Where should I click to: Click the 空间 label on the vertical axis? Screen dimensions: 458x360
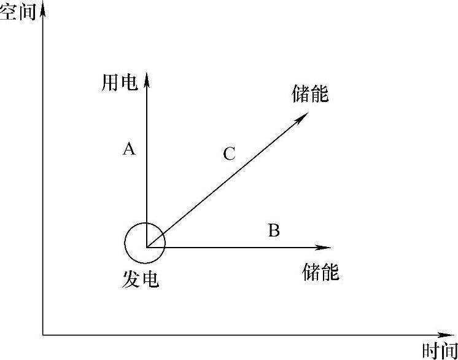tap(18, 13)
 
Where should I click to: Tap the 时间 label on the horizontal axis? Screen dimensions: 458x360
tap(440, 351)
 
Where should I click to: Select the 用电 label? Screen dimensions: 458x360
tap(120, 84)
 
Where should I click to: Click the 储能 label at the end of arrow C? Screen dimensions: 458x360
tap(311, 95)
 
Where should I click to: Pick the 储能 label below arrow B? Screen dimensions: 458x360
tap(320, 272)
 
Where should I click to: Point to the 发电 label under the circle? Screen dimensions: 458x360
tap(141, 279)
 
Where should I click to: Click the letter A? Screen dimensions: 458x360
tap(128, 149)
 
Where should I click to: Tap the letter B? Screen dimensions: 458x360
tap(274, 231)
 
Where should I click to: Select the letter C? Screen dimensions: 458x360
tap(229, 154)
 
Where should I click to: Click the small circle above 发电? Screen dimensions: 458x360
tap(145, 243)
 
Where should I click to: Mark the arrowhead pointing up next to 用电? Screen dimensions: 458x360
tap(147, 78)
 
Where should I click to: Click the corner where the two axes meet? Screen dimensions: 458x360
tap(42, 335)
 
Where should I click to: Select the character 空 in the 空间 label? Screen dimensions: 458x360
tap(9, 13)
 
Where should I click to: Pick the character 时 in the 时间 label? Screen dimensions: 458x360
tap(431, 351)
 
